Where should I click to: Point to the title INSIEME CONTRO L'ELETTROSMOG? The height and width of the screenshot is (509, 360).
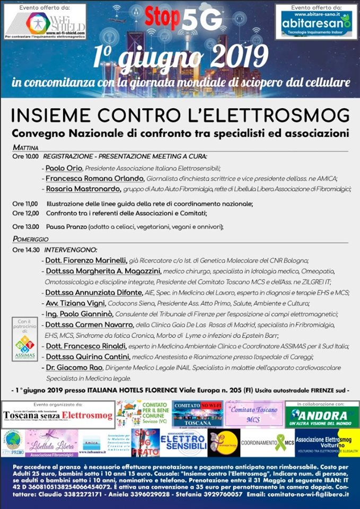[180, 115]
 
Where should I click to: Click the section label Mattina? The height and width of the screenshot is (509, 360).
[26, 147]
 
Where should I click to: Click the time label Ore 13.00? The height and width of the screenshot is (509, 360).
[25, 227]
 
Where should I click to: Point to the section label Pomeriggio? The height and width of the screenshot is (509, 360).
[31, 239]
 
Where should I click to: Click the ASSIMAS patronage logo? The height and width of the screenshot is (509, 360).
[25, 340]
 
